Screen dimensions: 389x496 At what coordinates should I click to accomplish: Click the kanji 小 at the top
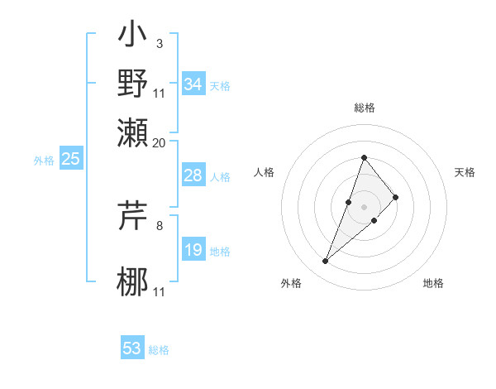[133, 37]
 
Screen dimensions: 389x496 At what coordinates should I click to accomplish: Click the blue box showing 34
[193, 84]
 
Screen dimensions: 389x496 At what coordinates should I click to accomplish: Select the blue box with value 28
[193, 175]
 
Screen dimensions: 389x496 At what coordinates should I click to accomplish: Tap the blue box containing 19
[193, 250]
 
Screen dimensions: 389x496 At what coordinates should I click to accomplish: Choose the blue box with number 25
[70, 159]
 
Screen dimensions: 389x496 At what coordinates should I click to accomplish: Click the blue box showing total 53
[132, 348]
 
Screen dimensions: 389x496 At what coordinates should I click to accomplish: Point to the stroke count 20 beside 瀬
[160, 142]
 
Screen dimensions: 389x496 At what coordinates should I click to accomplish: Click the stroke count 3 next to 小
[160, 42]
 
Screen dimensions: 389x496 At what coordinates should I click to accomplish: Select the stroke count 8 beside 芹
[160, 224]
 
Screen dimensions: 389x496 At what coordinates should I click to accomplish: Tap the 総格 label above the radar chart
[365, 108]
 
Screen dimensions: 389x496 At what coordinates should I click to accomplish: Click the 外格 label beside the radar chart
[291, 284]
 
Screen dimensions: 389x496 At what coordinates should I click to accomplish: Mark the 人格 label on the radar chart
[265, 172]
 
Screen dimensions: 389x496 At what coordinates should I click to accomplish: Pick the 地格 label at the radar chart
[433, 284]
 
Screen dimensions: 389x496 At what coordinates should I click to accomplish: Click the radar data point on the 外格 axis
[326, 262]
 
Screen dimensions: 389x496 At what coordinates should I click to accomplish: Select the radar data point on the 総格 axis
[365, 157]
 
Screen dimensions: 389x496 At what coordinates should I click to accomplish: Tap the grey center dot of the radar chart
[365, 206]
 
